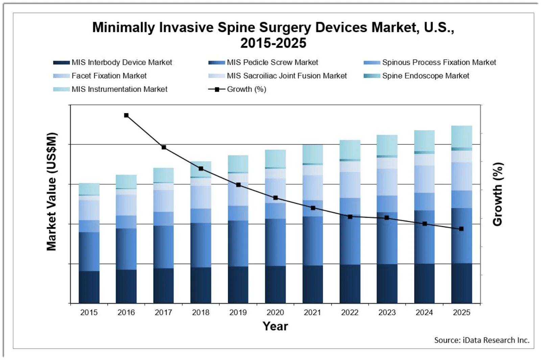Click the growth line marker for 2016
[126, 115]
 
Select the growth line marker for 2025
[461, 229]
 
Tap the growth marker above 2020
[275, 198]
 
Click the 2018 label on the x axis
[201, 313]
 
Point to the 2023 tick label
[387, 313]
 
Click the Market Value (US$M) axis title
[51, 192]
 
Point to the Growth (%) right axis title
[498, 194]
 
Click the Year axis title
[275, 326]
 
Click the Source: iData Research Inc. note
[481, 340]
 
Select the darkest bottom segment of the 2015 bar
[89, 287]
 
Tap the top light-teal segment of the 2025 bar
[462, 136]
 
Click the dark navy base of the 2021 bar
[312, 284]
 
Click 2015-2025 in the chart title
[273, 43]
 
